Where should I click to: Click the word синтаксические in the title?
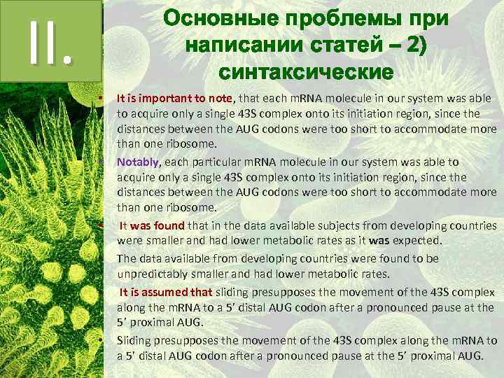(305, 71)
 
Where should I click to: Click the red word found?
(169, 225)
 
